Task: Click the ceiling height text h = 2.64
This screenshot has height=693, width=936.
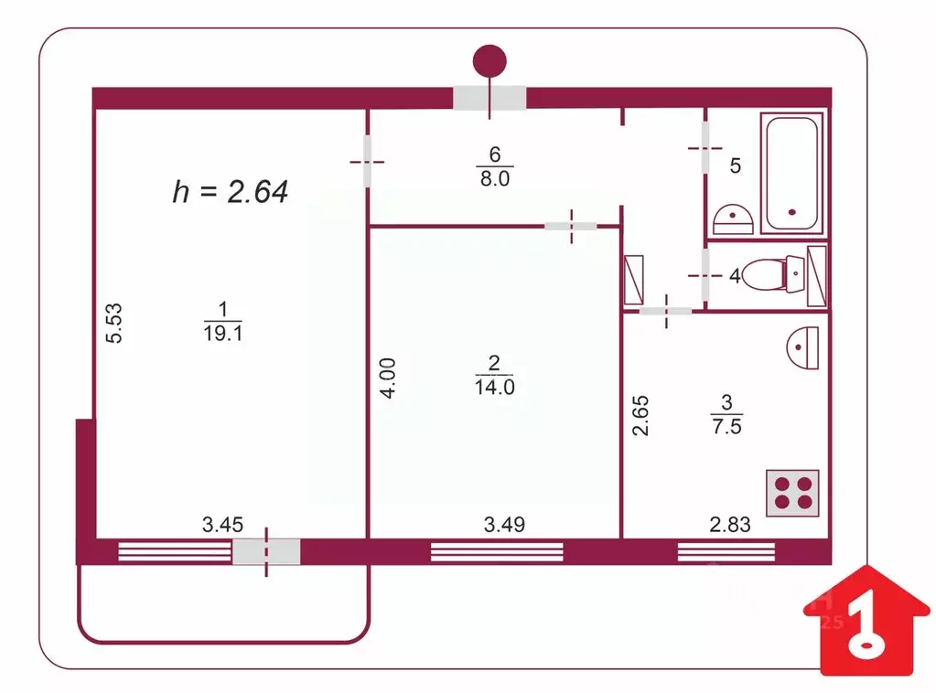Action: pos(231,191)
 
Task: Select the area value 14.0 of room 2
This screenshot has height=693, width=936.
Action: pos(495,387)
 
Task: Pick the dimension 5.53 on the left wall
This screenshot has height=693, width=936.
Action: pos(114,324)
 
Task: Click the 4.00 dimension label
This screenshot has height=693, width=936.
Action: pos(388,377)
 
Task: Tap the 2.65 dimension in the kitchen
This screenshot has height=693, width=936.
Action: pos(641,414)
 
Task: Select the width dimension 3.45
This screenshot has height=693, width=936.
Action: pos(221,525)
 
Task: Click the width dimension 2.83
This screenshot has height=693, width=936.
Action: pos(730,525)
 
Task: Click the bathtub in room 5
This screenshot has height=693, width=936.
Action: pos(792,174)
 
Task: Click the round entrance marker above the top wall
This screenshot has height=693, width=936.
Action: pos(490,61)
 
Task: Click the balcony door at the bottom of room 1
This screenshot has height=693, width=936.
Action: pos(266,551)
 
